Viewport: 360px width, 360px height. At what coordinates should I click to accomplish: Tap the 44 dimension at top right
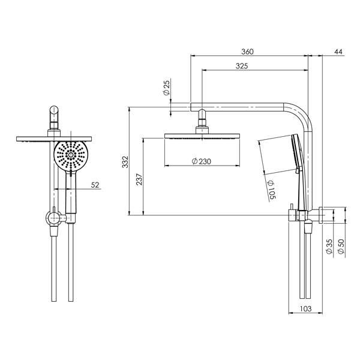(x=338, y=52)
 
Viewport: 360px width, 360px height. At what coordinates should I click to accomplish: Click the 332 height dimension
(x=124, y=161)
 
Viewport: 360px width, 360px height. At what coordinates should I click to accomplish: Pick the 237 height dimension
(x=139, y=178)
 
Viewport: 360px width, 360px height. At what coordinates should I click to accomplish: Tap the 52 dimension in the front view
(x=95, y=185)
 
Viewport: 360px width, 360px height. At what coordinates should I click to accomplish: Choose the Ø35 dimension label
(x=329, y=247)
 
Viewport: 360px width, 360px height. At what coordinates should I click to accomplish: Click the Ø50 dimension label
(x=341, y=247)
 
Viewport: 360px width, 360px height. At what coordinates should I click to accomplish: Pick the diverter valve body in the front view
(x=55, y=218)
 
